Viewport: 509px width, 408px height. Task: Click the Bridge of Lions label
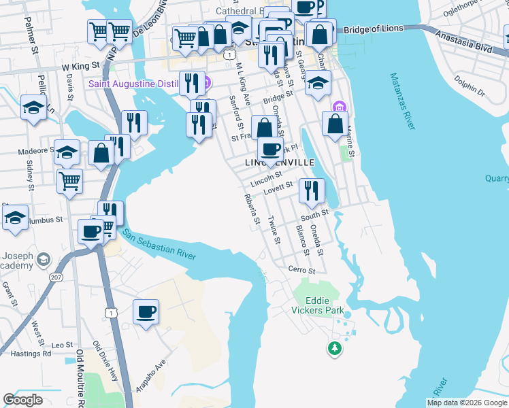pos(374,30)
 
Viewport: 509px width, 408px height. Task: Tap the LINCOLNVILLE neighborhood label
pos(280,163)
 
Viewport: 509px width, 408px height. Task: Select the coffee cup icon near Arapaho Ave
pos(146,313)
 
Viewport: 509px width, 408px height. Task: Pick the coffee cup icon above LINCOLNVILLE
pos(271,149)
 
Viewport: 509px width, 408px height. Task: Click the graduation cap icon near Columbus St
pos(16,218)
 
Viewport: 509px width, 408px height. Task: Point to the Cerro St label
pos(301,270)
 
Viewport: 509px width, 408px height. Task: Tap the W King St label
pos(76,67)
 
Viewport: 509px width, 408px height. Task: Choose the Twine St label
pos(274,230)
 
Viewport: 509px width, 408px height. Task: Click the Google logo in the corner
pos(23,399)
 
